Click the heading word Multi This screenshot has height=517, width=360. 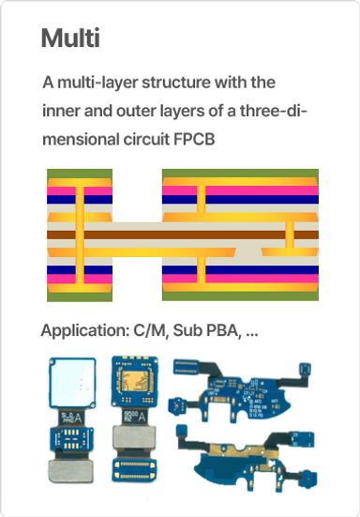click(x=70, y=39)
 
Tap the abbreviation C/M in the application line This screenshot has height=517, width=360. click(x=149, y=332)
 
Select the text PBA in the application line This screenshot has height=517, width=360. click(x=220, y=332)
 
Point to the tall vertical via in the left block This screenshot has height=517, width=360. click(x=81, y=235)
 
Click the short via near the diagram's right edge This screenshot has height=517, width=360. click(x=292, y=238)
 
